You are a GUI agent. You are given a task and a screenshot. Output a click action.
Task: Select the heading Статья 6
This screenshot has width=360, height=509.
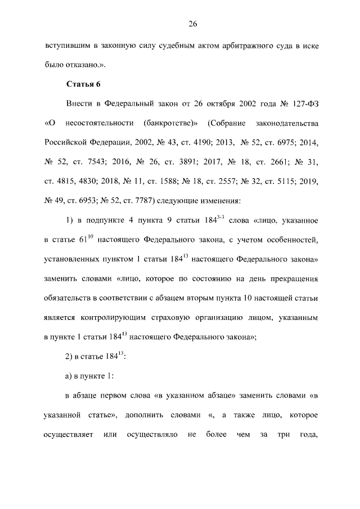pos(83,84)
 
